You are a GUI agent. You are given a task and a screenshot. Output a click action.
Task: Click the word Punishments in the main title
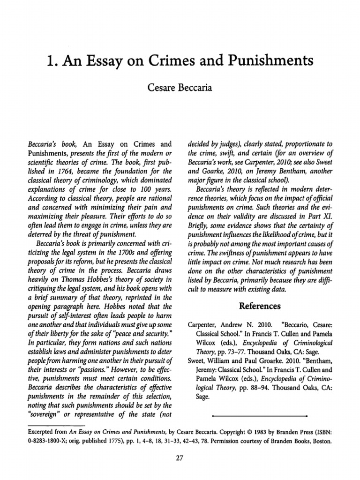tap(256, 61)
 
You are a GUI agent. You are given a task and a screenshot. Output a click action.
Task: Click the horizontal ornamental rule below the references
tap(259, 415)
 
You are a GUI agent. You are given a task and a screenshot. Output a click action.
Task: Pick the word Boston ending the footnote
tap(322, 441)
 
